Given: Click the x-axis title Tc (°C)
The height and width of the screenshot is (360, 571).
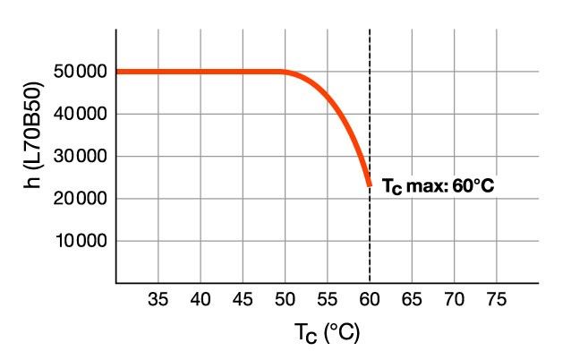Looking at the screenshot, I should pyautogui.click(x=327, y=334).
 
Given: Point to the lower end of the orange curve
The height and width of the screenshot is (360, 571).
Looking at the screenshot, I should pyautogui.click(x=369, y=184).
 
